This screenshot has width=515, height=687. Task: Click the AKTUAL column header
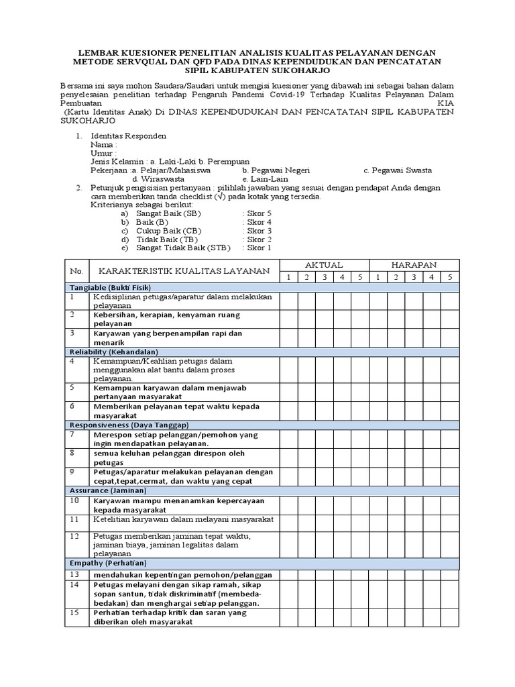[x=324, y=265]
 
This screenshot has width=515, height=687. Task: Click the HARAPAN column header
[x=414, y=265]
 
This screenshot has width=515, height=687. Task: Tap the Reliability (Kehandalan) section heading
[x=113, y=352]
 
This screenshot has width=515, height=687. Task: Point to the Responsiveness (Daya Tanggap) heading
[x=129, y=425]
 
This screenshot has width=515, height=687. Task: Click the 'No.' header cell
[x=76, y=271]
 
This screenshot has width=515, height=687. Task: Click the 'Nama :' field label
[x=104, y=144]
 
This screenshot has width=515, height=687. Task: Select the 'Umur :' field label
[x=104, y=153]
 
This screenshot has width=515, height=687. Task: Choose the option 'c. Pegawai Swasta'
[x=398, y=170]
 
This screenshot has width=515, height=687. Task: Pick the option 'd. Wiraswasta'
[x=158, y=179]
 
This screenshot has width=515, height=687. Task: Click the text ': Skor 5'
[x=257, y=213]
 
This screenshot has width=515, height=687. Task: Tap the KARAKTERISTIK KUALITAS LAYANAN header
[x=184, y=271]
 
